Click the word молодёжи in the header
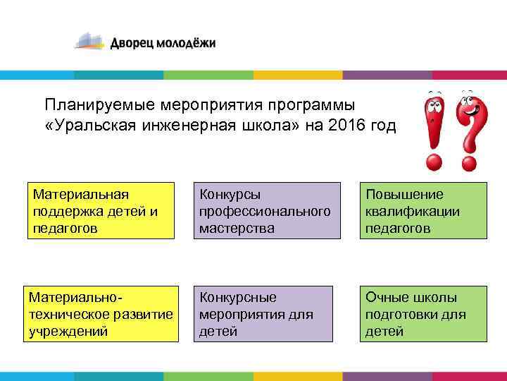pos(186,44)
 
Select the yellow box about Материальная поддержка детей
pos(101,210)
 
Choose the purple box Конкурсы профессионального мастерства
pos(264,210)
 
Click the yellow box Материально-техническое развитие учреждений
pos(101,314)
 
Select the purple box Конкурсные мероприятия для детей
pos(264,314)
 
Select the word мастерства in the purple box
pos(237,228)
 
